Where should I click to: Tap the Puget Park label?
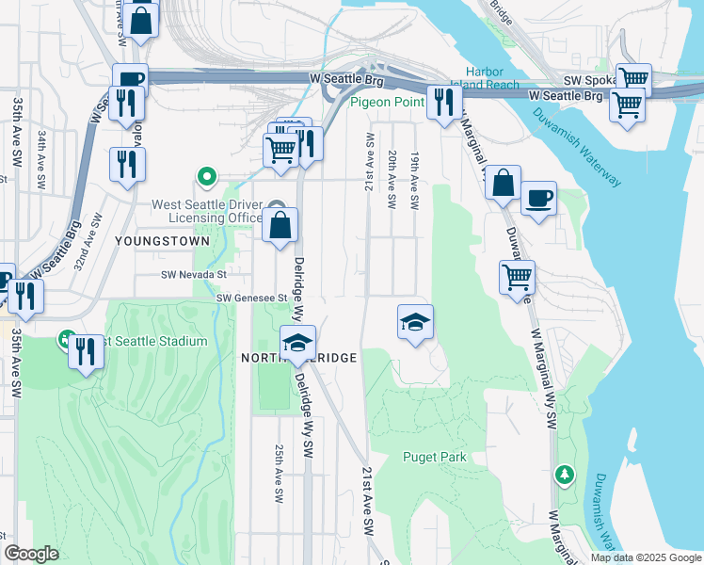pyautogui.click(x=434, y=458)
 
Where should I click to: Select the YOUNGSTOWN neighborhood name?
pyautogui.click(x=149, y=241)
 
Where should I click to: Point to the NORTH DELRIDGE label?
pyautogui.click(x=298, y=359)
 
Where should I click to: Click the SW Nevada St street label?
pyautogui.click(x=195, y=275)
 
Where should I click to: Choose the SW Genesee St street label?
pyautogui.click(x=251, y=298)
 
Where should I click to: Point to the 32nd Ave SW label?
pyautogui.click(x=86, y=248)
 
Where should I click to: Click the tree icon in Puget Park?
pyautogui.click(x=565, y=473)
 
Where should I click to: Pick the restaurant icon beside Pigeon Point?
pyautogui.click(x=442, y=101)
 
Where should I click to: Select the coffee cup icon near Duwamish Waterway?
pyautogui.click(x=538, y=199)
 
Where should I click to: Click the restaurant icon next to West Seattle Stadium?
pyautogui.click(x=86, y=351)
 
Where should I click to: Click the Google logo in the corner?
pyautogui.click(x=32, y=554)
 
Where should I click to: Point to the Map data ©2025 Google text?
pyautogui.click(x=646, y=557)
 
